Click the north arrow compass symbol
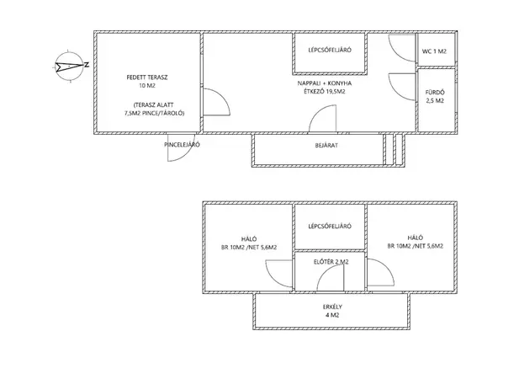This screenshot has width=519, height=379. click(68, 67)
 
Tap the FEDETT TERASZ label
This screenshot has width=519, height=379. click(147, 77)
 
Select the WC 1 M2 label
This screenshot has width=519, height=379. click(434, 51)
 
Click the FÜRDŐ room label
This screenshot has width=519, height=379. click(435, 93)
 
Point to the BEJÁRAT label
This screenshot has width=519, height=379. click(326, 145)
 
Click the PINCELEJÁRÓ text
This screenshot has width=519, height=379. click(182, 145)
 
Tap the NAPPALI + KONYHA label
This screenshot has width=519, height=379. click(325, 83)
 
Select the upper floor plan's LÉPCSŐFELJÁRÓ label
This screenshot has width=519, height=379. click(330, 227)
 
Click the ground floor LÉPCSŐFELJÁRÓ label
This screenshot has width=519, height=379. click(330, 50)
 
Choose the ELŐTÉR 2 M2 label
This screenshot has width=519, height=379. click(331, 262)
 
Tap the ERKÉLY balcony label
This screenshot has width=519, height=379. click(332, 307)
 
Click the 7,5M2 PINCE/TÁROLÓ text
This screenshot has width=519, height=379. click(154, 114)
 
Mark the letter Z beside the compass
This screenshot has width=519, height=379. click(87, 65)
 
